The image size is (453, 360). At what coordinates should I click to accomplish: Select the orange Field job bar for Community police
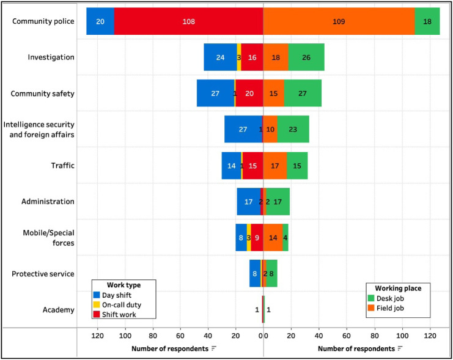[339, 21]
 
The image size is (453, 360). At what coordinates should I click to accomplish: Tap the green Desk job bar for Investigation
[306, 57]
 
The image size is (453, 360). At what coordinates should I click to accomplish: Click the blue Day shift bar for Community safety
[215, 94]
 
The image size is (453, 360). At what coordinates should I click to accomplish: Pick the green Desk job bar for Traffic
[297, 166]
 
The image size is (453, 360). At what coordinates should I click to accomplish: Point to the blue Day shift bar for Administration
[248, 202]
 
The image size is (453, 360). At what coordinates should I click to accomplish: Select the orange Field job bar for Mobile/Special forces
[273, 238]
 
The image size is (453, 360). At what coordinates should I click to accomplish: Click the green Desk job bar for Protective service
[271, 274]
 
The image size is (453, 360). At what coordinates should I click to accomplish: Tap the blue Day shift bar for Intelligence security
[243, 130]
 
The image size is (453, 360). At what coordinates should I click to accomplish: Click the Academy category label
[59, 310]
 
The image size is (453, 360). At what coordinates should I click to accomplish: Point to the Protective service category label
[43, 274]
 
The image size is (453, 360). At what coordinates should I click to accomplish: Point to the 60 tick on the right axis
[347, 336]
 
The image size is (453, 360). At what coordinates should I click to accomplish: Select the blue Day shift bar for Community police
[100, 21]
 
